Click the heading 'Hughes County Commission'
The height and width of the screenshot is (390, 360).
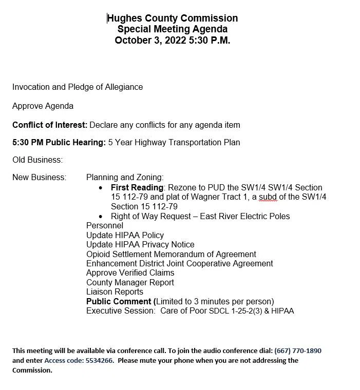173,18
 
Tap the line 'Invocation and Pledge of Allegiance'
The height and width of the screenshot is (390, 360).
78,87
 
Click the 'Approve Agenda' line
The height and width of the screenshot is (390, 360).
43,106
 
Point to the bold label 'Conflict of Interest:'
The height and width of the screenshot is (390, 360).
50,125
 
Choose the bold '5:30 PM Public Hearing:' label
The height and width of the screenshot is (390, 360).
59,142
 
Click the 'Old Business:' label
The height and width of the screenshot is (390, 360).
37,160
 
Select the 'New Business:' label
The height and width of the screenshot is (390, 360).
40,178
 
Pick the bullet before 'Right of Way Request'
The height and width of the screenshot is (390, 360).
100,217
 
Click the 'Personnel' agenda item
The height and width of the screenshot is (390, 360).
105,225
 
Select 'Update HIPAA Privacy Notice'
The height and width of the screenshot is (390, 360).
140,244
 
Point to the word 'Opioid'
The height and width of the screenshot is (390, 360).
99,254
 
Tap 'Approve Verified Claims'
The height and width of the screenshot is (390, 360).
130,272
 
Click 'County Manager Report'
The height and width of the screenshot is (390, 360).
130,282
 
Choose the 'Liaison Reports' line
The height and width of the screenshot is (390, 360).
115,291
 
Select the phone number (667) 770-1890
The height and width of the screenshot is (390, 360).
298,351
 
